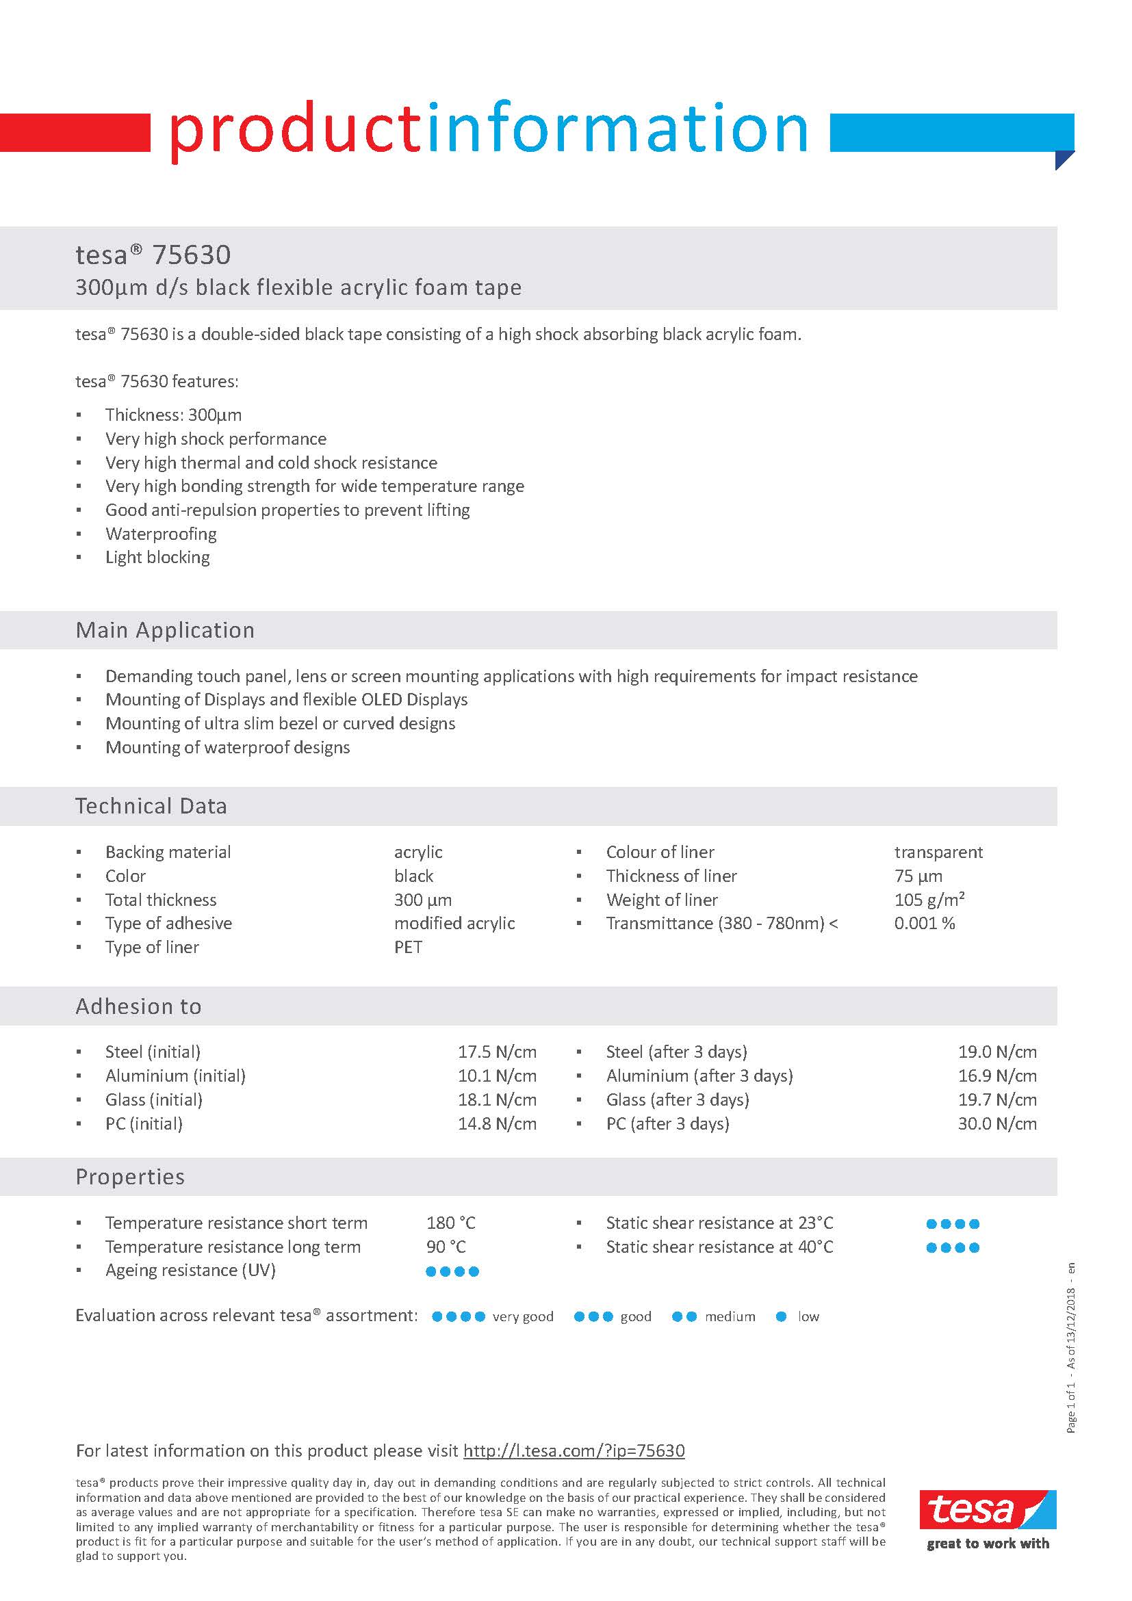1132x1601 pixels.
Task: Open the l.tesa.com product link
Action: point(574,1450)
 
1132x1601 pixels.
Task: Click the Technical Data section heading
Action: point(151,806)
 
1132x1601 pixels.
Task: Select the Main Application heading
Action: point(166,630)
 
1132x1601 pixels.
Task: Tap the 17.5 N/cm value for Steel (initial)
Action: point(497,1052)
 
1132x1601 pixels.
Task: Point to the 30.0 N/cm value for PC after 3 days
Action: point(996,1123)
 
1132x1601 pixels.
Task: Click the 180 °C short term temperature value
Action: point(450,1223)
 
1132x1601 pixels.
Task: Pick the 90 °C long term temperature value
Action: point(446,1246)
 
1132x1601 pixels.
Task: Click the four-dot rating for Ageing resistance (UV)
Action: point(452,1271)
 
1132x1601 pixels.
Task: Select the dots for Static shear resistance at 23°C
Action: point(952,1224)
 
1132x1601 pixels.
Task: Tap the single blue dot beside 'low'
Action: point(781,1316)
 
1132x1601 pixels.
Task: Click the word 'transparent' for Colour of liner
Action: point(938,852)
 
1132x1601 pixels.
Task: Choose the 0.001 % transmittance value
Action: point(924,923)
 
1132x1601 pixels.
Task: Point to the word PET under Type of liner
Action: point(408,947)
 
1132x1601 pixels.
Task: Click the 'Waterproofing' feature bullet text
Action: point(161,534)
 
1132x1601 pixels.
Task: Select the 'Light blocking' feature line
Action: point(157,557)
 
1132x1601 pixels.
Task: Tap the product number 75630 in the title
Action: point(191,255)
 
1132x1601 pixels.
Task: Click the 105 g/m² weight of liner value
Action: point(929,900)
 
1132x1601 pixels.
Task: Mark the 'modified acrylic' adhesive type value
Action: point(454,923)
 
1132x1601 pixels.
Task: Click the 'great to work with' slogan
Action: point(988,1543)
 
